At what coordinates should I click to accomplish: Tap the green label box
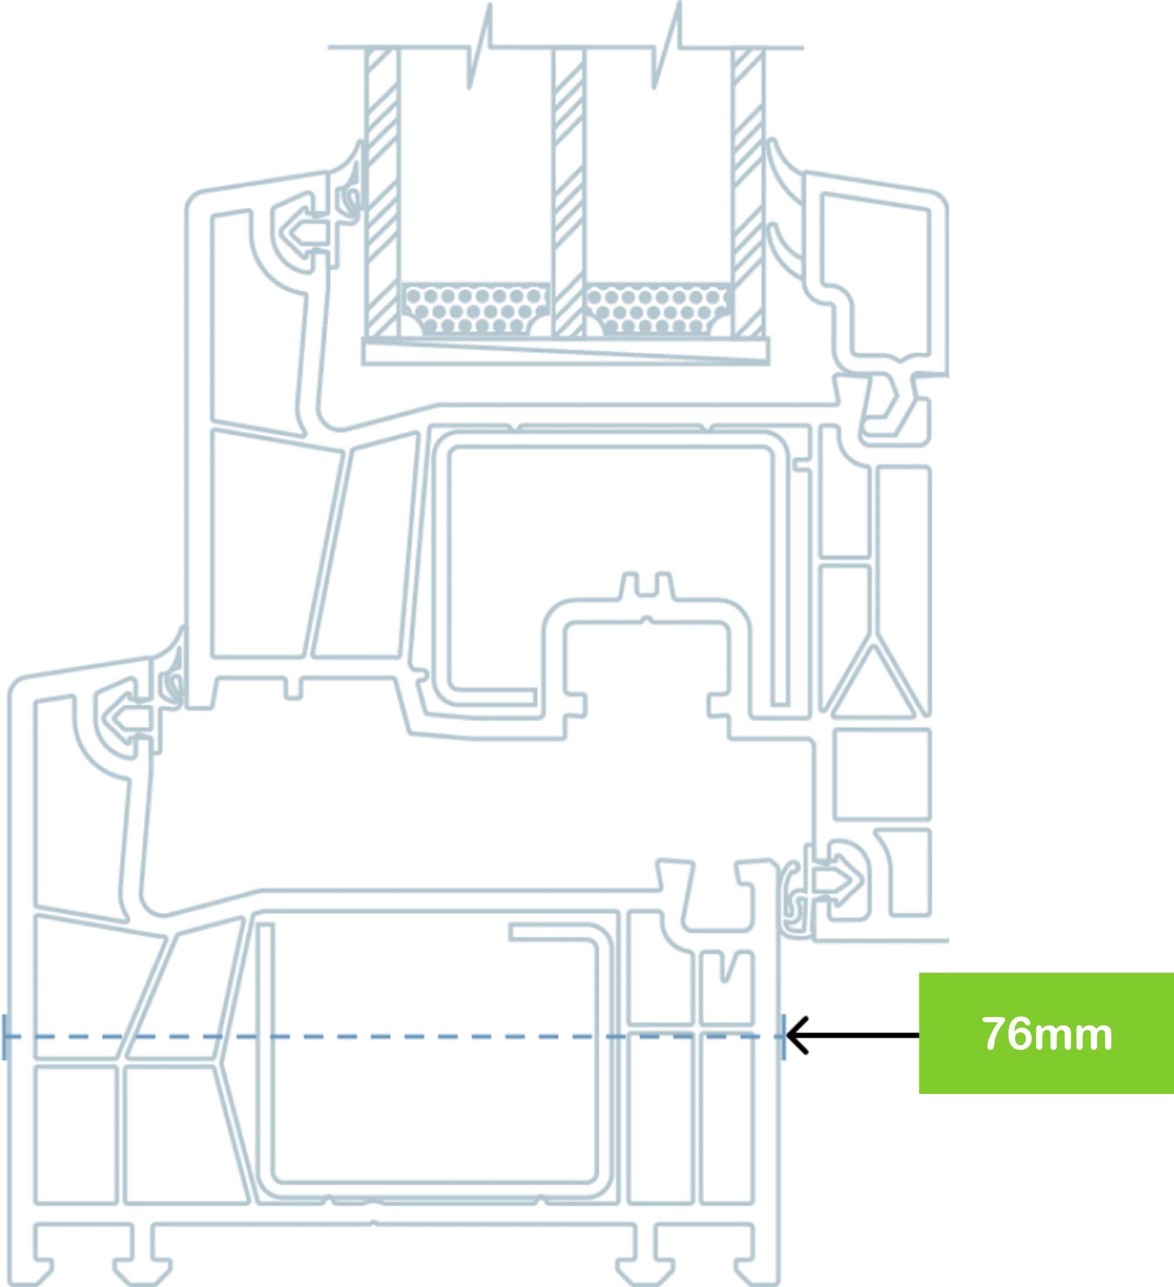pyautogui.click(x=1046, y=1033)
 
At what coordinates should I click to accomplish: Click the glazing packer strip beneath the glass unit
pyautogui.click(x=566, y=351)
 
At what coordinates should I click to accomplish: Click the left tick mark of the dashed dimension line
pyautogui.click(x=5, y=1037)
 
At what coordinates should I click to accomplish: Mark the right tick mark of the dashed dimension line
pyautogui.click(x=784, y=1037)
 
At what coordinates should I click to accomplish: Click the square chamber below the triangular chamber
pyautogui.click(x=882, y=773)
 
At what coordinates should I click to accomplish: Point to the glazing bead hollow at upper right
pyautogui.click(x=876, y=275)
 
